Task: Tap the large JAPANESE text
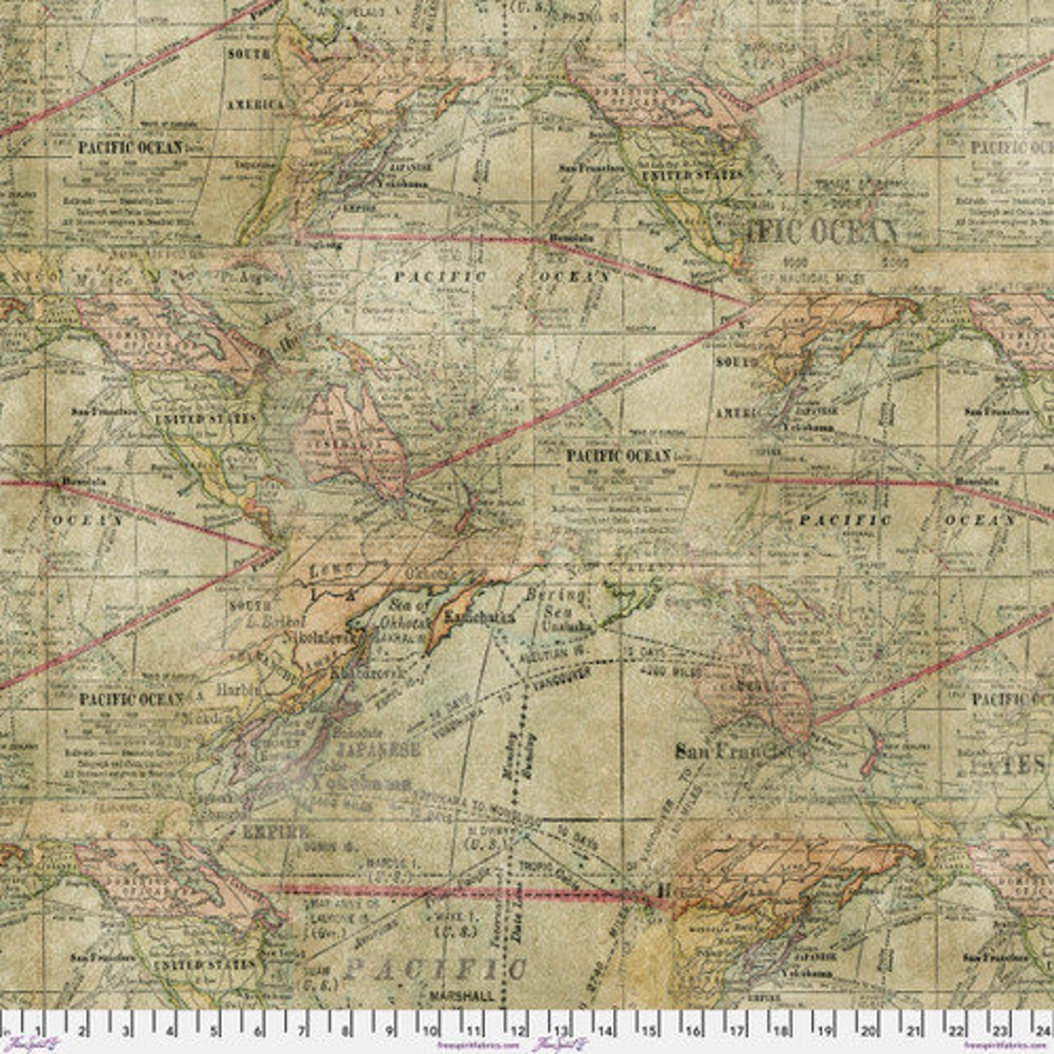click(377, 750)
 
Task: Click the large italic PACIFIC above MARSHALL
click(435, 969)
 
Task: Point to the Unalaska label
click(555, 628)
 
